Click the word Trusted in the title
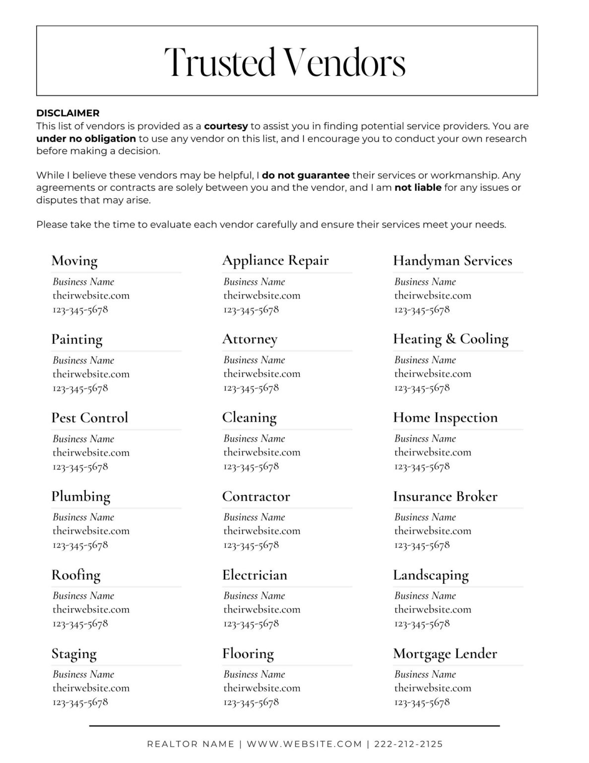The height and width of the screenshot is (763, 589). coord(219,63)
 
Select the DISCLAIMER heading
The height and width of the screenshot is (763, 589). coord(67,113)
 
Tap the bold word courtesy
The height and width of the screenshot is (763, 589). coord(226,126)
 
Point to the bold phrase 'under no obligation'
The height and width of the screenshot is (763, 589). coord(86,139)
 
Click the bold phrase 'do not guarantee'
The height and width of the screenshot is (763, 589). coord(306,175)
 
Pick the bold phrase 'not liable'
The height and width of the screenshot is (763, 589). coord(418,188)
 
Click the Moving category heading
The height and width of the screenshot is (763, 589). coord(74,261)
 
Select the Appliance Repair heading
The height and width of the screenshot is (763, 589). coord(275,260)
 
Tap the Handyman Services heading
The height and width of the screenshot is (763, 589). coord(452,261)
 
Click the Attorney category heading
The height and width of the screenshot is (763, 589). coord(250,339)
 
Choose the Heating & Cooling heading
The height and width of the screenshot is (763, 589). coord(451,339)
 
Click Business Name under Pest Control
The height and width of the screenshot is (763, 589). coord(83,439)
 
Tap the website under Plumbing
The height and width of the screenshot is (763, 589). coord(91,531)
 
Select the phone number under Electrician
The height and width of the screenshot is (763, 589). coord(251,623)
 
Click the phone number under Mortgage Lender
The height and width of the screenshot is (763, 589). coord(422,702)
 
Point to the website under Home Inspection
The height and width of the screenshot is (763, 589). coord(433,452)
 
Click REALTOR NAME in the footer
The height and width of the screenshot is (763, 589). coord(191,744)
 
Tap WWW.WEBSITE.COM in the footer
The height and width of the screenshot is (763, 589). coord(304,744)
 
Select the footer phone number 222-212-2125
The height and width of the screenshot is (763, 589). coord(408,744)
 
